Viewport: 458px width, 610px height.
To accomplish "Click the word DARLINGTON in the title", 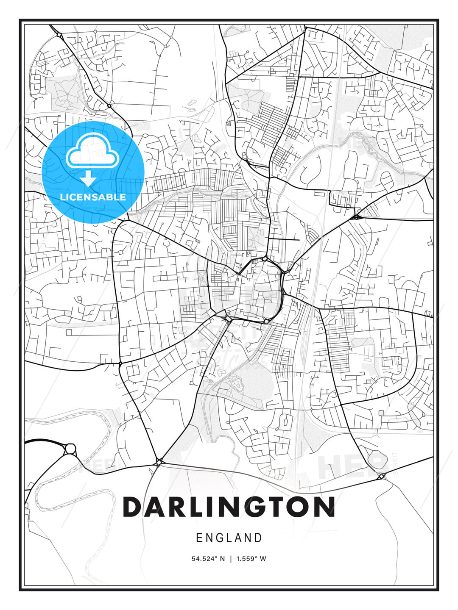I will pos(229,507).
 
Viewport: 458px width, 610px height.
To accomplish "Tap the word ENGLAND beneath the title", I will pos(229,538).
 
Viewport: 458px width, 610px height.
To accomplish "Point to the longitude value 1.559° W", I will pos(251,559).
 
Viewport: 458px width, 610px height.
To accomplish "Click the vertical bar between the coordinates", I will pos(231,559).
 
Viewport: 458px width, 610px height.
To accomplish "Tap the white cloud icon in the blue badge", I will pos(91,152).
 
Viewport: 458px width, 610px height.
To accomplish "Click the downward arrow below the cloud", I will pos(88,179).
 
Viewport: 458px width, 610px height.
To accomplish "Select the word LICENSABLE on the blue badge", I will pos(93,197).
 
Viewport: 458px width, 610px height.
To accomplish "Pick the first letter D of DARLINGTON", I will pos(133,507).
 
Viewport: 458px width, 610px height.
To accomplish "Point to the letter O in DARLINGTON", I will pos(299,507).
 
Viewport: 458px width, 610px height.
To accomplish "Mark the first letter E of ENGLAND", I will pos(199,538).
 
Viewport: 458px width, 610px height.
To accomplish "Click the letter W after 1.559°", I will pos(263,559).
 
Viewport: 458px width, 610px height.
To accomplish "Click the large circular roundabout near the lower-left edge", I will pos(70,448).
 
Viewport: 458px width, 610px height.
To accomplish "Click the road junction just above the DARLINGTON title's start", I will pos(159,462).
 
